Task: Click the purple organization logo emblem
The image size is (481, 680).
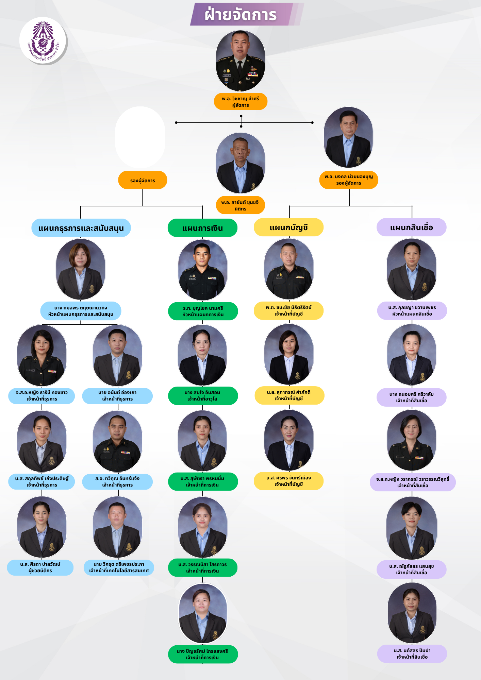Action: point(43,41)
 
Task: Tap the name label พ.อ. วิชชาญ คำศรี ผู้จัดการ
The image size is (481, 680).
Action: point(240,102)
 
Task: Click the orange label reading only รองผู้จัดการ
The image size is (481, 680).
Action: point(143,180)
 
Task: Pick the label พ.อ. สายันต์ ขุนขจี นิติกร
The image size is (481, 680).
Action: point(240,205)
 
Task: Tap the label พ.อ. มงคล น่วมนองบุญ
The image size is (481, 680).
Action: point(349,180)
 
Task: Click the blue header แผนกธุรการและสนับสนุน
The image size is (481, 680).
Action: point(81,228)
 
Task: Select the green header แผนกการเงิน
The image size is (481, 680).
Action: point(202,228)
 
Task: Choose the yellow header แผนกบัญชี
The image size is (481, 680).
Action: point(288,227)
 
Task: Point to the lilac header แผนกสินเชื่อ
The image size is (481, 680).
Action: point(411,227)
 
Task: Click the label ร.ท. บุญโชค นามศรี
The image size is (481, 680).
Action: point(203,311)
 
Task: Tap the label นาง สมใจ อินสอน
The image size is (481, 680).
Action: point(203,396)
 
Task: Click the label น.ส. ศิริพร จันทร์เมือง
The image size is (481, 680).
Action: point(288,481)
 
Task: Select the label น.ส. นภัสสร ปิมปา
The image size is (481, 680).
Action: point(412,653)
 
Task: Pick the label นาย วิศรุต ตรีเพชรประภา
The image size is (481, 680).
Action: point(119,567)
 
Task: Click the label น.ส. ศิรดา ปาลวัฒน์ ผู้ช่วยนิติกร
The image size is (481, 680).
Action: point(40,567)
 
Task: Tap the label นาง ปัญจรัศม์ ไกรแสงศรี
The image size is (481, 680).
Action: point(203,654)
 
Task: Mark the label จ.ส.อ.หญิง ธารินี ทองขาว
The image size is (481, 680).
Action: point(42,396)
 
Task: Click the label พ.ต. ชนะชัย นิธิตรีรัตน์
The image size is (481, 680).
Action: point(288,311)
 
